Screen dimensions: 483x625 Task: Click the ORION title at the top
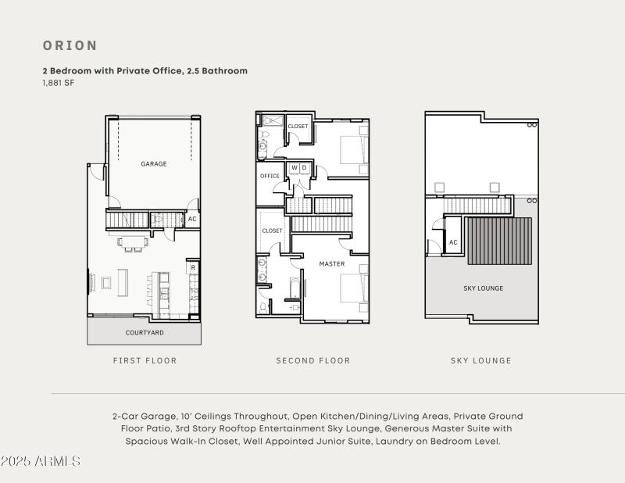tap(70, 45)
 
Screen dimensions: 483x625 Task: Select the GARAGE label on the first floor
tap(154, 164)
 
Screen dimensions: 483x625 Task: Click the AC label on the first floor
tap(192, 220)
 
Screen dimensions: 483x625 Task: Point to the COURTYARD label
tap(145, 333)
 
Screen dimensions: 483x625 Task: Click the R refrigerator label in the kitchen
tap(192, 267)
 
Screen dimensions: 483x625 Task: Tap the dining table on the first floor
tap(133, 243)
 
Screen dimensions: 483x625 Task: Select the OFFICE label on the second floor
tap(270, 176)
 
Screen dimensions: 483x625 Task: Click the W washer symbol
tap(295, 168)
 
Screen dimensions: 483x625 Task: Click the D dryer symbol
tap(304, 168)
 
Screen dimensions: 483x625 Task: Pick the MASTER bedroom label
tap(332, 264)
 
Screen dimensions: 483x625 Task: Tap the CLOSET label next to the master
tap(272, 231)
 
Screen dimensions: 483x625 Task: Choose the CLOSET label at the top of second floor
tap(298, 127)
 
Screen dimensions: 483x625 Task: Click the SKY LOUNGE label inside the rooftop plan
tap(484, 288)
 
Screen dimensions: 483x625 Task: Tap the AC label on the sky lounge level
tap(453, 242)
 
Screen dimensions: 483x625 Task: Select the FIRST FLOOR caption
tap(145, 361)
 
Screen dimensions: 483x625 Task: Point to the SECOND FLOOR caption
tap(313, 361)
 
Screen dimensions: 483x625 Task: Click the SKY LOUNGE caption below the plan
tap(481, 361)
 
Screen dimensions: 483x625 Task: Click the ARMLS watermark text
tap(41, 461)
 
